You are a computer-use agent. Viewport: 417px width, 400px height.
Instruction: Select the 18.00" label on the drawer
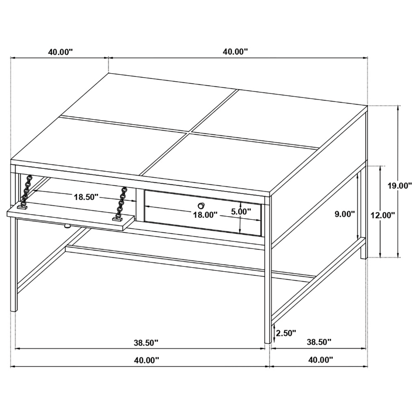205,215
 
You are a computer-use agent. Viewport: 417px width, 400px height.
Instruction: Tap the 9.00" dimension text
345,214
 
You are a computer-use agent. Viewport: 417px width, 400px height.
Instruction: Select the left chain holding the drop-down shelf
26,192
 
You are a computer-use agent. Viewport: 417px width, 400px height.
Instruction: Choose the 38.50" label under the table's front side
146,342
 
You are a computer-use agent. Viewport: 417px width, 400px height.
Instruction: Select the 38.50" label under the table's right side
318,342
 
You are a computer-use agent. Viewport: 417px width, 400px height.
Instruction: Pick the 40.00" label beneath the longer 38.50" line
146,360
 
